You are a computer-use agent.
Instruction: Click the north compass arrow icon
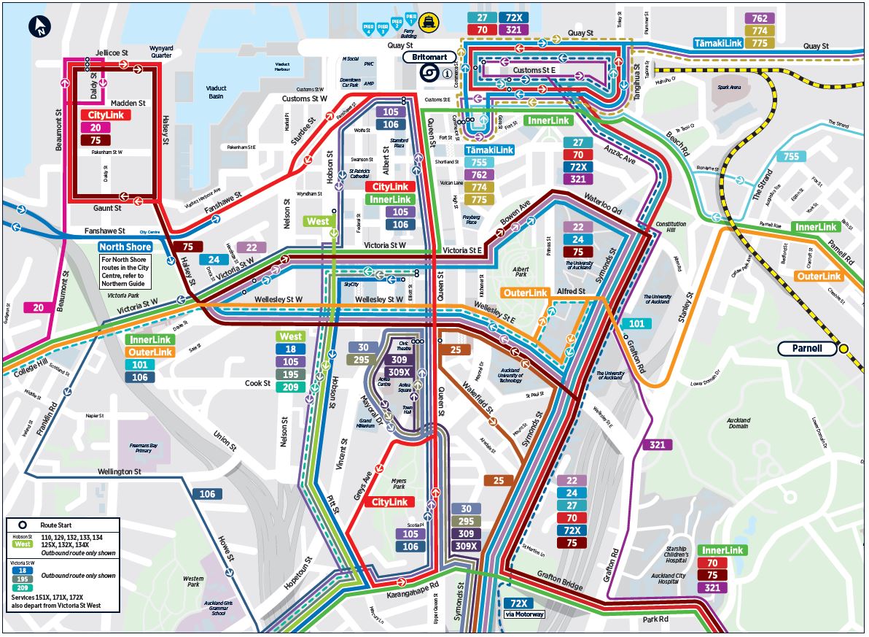coord(39,27)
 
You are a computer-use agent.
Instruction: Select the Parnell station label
coord(806,348)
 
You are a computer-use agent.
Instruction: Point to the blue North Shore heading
coord(125,247)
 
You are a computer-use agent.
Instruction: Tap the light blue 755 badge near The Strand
coord(791,156)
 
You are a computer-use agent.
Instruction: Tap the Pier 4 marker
coord(367,28)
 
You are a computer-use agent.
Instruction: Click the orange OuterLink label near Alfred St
coord(525,293)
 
